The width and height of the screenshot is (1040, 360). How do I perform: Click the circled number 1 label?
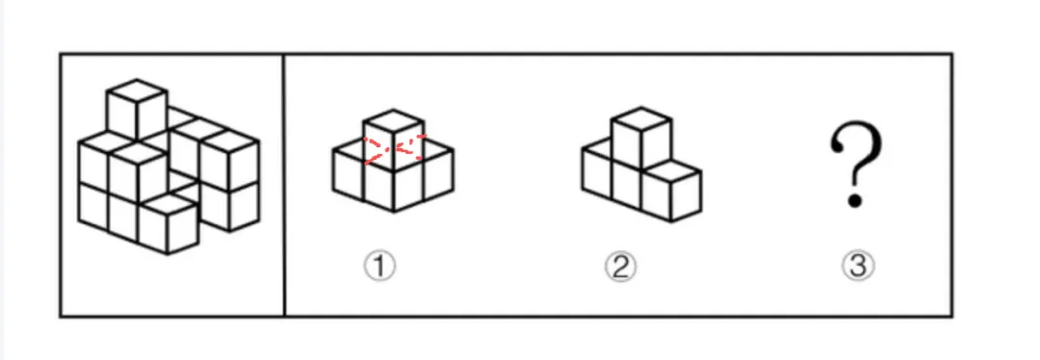click(379, 267)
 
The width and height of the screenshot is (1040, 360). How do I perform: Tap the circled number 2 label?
click(620, 268)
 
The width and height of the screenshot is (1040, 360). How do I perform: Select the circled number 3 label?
click(858, 267)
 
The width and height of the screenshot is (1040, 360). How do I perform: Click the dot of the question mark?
click(855, 199)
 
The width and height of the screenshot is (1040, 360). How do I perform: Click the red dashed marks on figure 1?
click(394, 148)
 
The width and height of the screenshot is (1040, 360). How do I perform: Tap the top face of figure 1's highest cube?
click(394, 120)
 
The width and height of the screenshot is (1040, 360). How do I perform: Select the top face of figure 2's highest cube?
click(641, 118)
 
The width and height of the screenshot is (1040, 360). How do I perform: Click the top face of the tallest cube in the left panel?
click(137, 90)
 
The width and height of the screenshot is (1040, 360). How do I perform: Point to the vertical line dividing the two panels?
click(284, 186)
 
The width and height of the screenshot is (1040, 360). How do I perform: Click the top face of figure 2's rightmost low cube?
click(671, 172)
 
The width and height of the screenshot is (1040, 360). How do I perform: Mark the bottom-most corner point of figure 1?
click(394, 212)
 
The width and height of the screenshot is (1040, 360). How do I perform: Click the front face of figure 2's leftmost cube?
click(597, 173)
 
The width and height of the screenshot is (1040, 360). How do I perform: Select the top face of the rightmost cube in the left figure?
click(229, 141)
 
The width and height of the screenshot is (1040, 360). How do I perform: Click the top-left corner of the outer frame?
click(61, 54)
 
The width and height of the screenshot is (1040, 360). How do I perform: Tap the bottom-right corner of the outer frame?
click(951, 317)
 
